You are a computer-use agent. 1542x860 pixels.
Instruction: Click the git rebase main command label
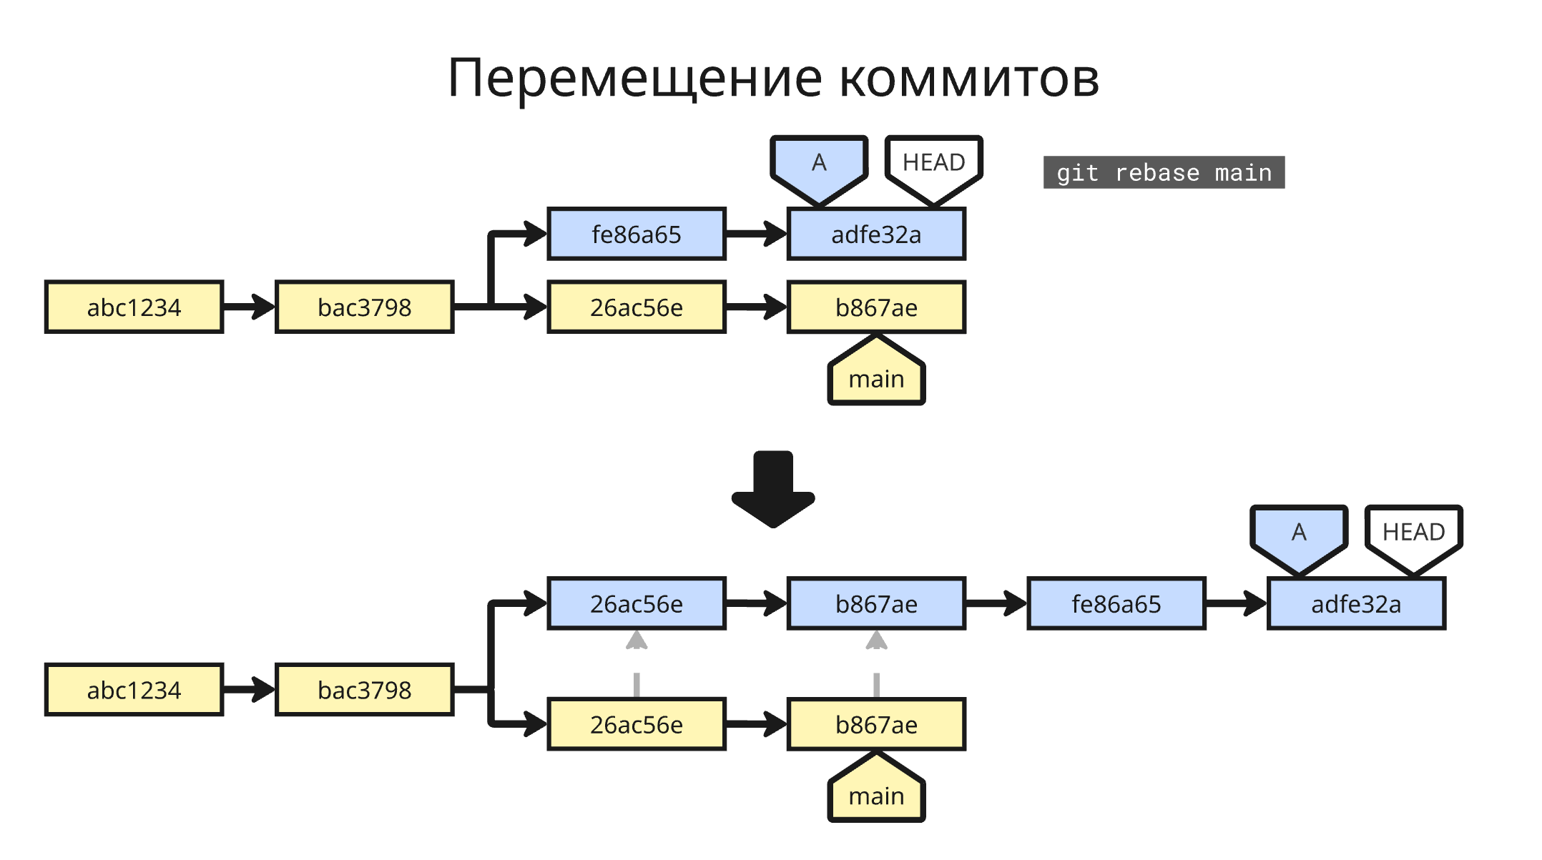tap(1163, 172)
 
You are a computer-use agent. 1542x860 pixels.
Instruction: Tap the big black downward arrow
tap(772, 490)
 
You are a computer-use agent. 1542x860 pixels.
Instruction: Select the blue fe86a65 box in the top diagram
tap(636, 234)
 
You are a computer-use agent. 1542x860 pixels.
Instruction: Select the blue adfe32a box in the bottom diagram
tap(1355, 603)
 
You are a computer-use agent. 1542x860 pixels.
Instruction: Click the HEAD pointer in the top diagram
tap(933, 166)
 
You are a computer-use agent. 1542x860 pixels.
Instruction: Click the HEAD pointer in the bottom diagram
tap(1413, 535)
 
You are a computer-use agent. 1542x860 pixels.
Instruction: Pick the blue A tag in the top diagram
tap(819, 166)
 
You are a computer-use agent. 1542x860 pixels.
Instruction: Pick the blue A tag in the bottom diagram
tap(1299, 535)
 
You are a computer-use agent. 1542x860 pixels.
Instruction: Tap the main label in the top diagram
tap(876, 377)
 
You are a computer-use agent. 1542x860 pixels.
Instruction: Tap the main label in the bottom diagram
tap(876, 794)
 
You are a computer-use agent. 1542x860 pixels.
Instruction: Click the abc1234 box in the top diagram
tap(134, 307)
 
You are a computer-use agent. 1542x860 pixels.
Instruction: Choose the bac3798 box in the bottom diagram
tap(364, 689)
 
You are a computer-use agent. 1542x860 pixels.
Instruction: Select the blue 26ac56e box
tap(636, 603)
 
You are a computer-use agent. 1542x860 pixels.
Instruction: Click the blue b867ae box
tap(876, 603)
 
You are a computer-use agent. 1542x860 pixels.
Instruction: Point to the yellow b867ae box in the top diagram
tap(876, 307)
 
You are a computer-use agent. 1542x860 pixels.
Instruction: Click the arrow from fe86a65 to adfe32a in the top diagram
tap(756, 234)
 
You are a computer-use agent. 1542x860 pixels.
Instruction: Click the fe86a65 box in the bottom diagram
tap(1116, 603)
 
